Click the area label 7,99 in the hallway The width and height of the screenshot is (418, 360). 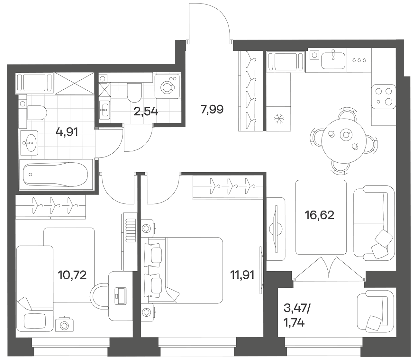coord(212,109)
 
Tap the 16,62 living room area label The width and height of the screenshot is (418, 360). coord(319,215)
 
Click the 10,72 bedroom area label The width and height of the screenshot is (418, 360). coord(72,275)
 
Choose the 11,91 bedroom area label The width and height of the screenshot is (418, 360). coord(242,275)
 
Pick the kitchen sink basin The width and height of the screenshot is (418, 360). coord(333,60)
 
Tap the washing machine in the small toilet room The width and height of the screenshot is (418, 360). coord(167,86)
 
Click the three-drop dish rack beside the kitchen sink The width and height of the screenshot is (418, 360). coord(359,60)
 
